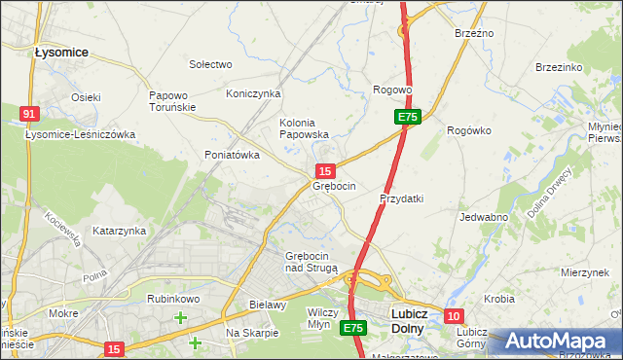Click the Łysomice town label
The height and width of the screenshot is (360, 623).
point(61,52)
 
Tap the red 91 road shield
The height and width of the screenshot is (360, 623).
point(28,115)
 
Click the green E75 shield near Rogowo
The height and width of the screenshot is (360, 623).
point(407,117)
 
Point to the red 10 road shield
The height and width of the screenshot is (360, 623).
point(455,316)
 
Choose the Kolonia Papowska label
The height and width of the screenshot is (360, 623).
point(304,128)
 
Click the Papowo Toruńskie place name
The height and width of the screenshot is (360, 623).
point(173,101)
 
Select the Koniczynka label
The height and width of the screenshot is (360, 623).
point(253,93)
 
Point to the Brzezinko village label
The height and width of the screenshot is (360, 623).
point(559,67)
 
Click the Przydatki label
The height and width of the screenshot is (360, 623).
point(402,198)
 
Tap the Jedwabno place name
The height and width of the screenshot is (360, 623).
point(484,217)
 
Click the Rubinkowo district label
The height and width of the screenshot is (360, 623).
point(173,299)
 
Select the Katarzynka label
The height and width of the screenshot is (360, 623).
point(119,231)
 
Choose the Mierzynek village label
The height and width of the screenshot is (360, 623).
point(584,273)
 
